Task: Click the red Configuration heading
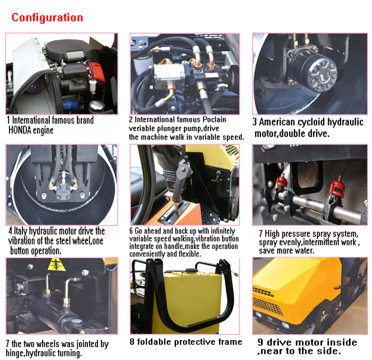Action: [x=47, y=18]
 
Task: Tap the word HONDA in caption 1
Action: [x=20, y=130]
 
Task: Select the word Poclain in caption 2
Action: [x=215, y=119]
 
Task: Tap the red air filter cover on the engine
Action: [x=97, y=73]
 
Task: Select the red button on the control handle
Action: [x=183, y=169]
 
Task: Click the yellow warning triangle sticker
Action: [x=56, y=265]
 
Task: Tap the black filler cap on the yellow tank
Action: [x=190, y=270]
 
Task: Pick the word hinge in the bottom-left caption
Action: [x=15, y=354]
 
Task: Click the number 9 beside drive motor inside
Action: [x=261, y=342]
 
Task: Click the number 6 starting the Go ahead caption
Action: [x=131, y=231]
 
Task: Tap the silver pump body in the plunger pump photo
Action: [x=168, y=74]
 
